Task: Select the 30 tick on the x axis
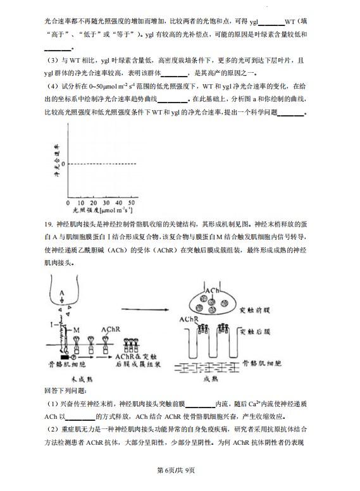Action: pyautogui.click(x=109, y=202)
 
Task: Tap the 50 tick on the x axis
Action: pyautogui.click(x=132, y=202)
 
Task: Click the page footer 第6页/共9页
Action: pyautogui.click(x=179, y=470)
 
